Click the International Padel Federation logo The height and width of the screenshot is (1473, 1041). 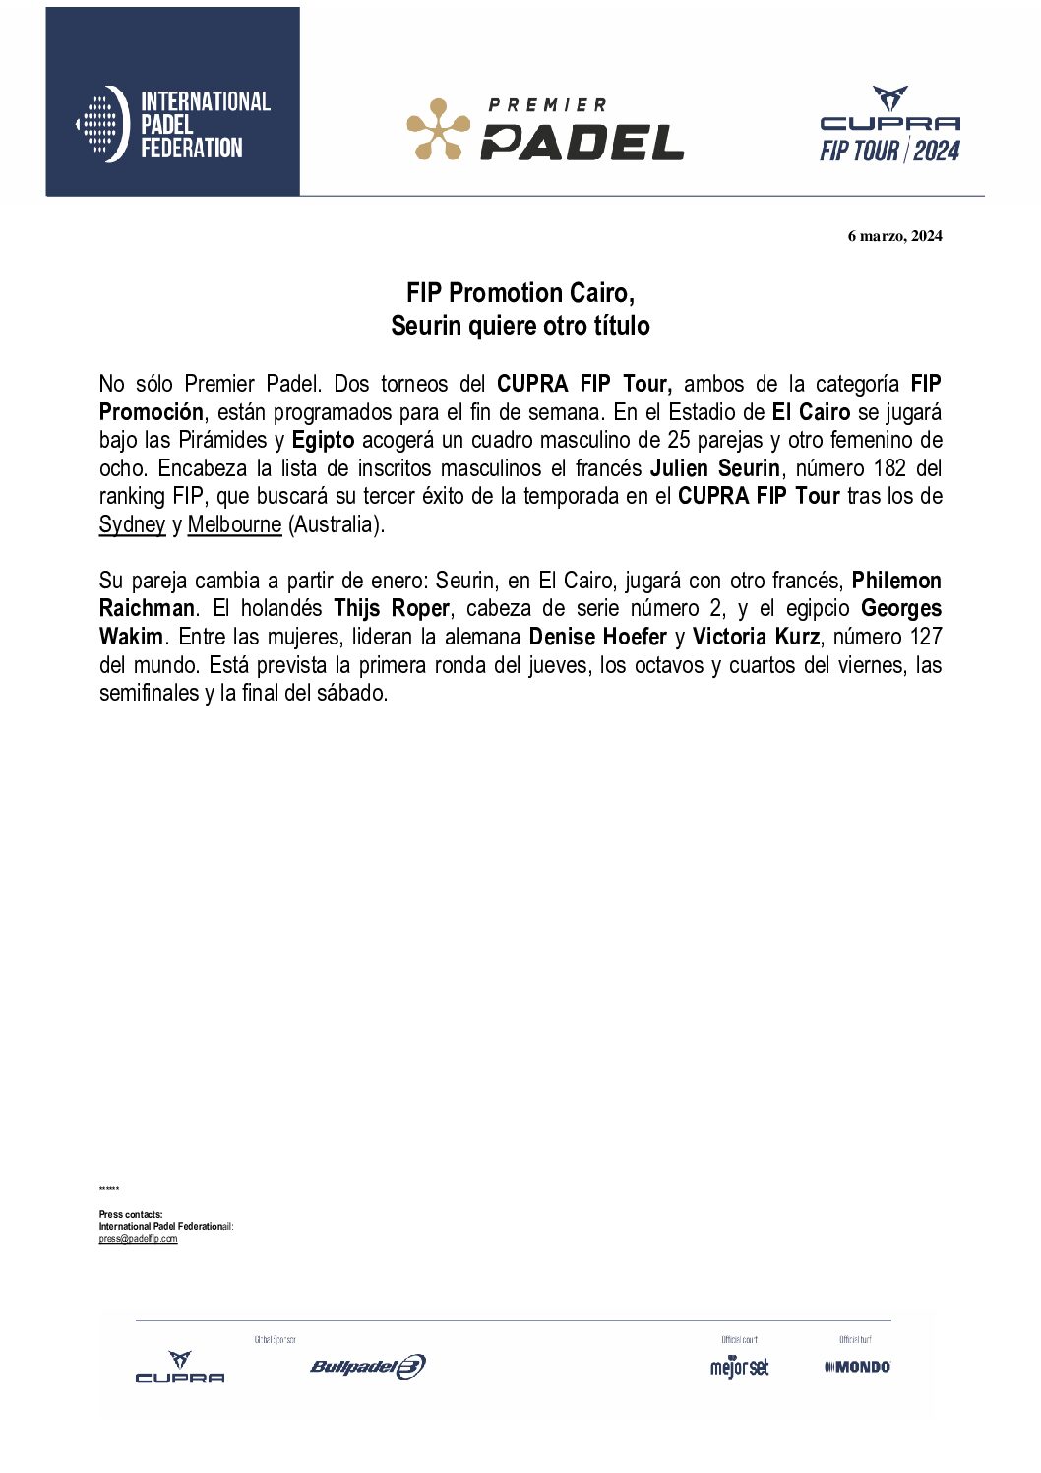tap(173, 124)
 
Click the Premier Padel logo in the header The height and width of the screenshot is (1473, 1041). tap(545, 129)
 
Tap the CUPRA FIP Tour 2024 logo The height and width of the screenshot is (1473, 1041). tap(889, 125)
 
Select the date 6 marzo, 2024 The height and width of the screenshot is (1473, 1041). tap(894, 236)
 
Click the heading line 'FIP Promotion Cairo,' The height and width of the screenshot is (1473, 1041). tap(520, 293)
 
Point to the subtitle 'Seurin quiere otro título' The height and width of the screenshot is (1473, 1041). tap(520, 326)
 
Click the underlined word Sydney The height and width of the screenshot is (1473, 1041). tap(132, 524)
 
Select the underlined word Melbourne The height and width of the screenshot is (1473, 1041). tap(234, 524)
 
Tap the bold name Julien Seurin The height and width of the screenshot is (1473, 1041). tap(715, 468)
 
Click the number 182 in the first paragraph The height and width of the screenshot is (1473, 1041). tap(888, 468)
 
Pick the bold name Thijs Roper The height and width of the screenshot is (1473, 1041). tap(392, 609)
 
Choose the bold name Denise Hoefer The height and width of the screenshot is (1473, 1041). tap(597, 638)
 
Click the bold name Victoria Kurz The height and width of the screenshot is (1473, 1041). tap(756, 638)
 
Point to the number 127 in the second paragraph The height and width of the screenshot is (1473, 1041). tap(924, 638)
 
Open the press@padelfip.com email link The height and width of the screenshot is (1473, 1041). tap(138, 1239)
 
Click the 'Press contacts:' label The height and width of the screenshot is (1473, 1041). tap(131, 1215)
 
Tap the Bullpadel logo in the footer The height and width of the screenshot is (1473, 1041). tap(367, 1366)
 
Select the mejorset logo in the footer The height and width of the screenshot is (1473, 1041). tap(739, 1367)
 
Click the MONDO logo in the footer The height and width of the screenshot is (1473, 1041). tap(857, 1367)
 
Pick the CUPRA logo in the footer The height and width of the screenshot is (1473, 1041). tap(180, 1368)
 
